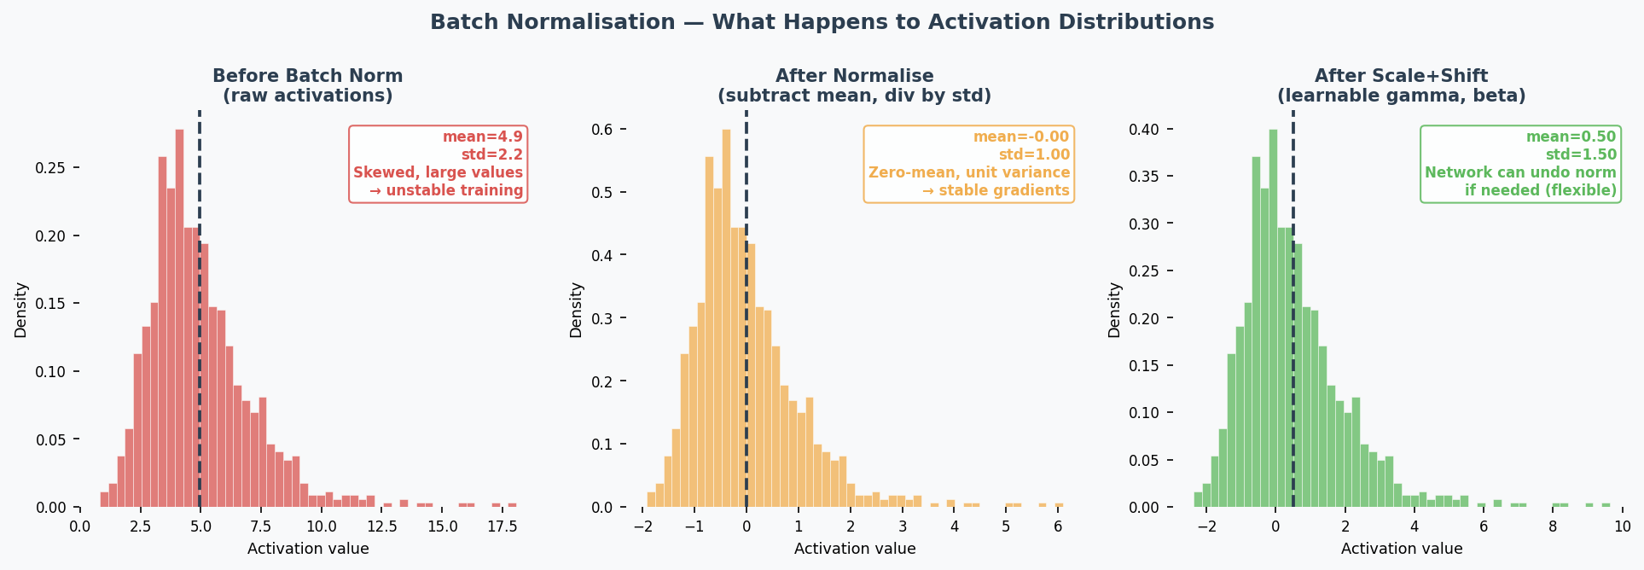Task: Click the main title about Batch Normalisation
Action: coord(822,22)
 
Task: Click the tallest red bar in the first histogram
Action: coord(179,324)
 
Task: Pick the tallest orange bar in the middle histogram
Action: coord(726,324)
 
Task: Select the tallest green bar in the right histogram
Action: coord(1273,324)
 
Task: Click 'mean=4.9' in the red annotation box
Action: coord(482,137)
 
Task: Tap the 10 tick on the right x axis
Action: coord(1622,526)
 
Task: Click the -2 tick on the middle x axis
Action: coord(642,526)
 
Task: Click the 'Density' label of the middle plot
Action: coord(576,310)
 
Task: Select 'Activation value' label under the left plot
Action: coord(308,549)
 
